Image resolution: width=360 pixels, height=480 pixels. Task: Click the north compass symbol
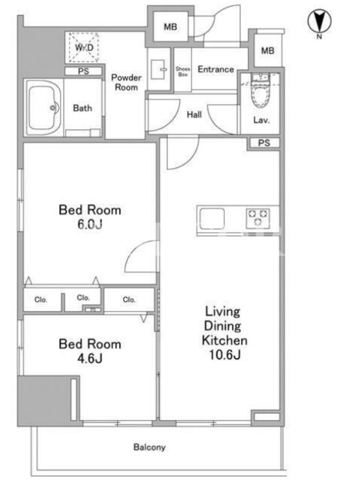coord(319,22)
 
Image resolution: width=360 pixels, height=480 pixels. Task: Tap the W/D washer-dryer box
coord(83,47)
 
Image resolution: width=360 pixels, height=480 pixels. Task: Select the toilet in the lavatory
coord(260,91)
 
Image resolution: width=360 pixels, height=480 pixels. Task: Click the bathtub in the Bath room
coord(43,107)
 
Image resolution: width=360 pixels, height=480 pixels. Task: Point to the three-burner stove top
coord(258,218)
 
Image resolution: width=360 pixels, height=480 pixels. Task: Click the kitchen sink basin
coord(212,218)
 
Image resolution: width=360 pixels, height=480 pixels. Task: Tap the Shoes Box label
coord(183,71)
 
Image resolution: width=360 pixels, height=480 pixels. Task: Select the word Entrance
coord(216,69)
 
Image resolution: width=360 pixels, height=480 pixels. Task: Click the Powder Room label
coord(126,82)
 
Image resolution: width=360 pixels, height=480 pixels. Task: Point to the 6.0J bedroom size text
coord(89,224)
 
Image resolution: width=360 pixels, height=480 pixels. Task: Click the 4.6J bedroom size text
coord(89,358)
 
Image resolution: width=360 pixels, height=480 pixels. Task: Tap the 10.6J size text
coord(224,355)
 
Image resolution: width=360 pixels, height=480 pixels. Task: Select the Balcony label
coord(149,447)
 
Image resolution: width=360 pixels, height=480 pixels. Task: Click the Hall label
coord(194,115)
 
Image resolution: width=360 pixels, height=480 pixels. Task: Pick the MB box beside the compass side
coord(268,50)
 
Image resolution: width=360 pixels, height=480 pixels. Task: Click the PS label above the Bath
coord(83,71)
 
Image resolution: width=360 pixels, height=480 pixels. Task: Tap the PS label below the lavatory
coord(264,143)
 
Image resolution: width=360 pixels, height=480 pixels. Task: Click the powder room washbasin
coord(158,69)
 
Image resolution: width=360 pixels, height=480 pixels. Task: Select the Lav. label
coord(261,120)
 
